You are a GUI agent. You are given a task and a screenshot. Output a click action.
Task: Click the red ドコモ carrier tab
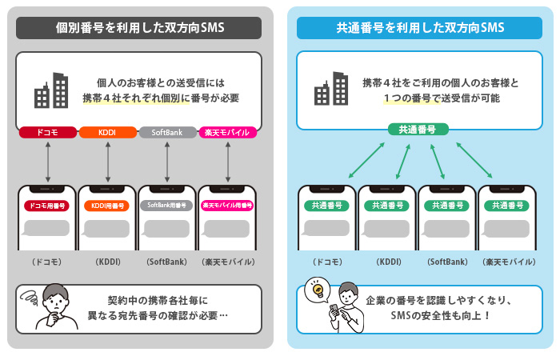[x=48, y=132]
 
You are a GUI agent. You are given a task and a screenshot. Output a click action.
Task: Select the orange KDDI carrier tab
[x=107, y=132]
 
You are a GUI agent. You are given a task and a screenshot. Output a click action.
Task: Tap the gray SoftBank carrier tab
[x=167, y=132]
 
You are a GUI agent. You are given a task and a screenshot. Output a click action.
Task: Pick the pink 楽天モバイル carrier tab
[x=228, y=132]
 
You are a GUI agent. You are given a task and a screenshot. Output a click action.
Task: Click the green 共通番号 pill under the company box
[x=418, y=129]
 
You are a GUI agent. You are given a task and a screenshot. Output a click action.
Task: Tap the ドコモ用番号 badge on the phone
[x=48, y=206]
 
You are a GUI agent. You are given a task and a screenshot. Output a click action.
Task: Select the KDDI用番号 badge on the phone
[x=107, y=206]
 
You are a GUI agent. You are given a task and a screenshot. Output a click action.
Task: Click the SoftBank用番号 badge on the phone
[x=167, y=206]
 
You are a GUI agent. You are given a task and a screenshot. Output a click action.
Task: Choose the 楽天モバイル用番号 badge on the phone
[x=228, y=206]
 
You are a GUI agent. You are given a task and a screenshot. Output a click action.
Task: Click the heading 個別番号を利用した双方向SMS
[x=139, y=28]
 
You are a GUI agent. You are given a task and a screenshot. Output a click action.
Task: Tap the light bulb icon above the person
[x=317, y=288]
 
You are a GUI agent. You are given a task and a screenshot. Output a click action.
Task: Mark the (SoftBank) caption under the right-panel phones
[x=447, y=262]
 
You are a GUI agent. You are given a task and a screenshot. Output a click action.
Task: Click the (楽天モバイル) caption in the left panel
[x=228, y=262]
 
